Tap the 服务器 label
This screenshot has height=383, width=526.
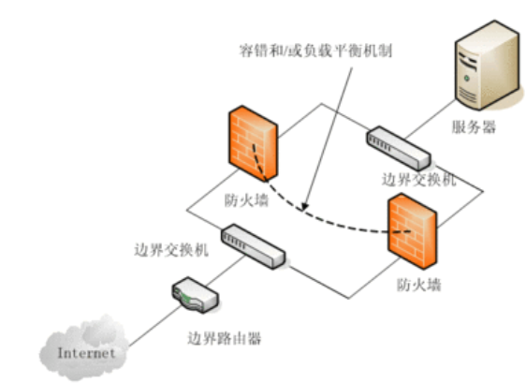(x=474, y=127)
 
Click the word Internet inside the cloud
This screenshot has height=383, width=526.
(x=85, y=353)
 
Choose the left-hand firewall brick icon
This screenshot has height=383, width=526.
(x=251, y=144)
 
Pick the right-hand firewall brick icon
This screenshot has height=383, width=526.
(x=410, y=228)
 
